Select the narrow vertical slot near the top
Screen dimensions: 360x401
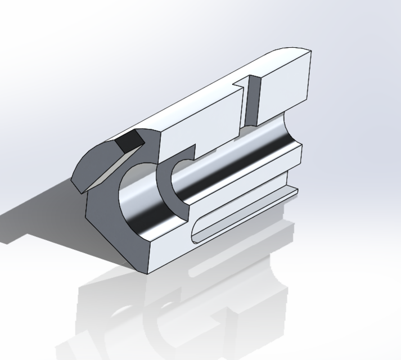251,101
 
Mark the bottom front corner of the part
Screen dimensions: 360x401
147,273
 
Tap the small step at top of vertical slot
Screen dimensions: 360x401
241,84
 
